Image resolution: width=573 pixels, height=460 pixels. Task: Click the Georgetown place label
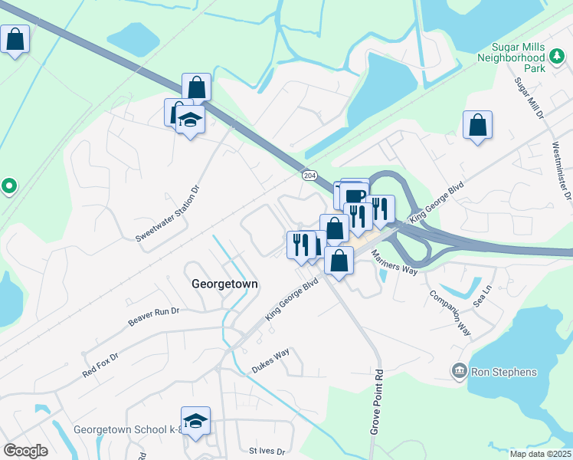(224, 284)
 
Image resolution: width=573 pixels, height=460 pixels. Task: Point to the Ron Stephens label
(503, 372)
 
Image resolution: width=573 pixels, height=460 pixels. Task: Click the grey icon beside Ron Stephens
(459, 372)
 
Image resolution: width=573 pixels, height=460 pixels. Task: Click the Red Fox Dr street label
(101, 366)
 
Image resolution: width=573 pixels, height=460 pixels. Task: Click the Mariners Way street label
(395, 261)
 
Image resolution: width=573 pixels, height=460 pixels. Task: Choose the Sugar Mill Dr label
(529, 97)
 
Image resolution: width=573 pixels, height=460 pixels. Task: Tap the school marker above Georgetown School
(196, 421)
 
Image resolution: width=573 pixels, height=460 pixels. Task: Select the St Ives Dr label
(267, 452)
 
